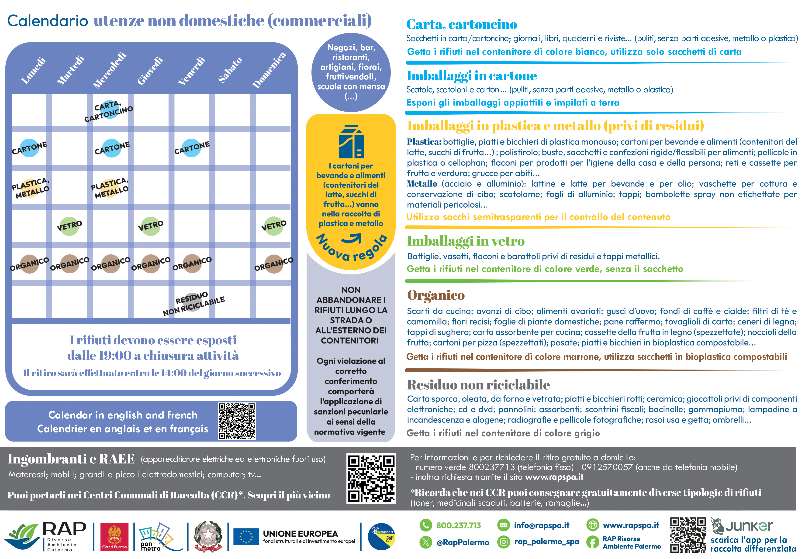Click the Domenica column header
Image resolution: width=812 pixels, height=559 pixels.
click(269, 70)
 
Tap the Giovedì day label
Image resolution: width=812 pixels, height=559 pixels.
click(150, 71)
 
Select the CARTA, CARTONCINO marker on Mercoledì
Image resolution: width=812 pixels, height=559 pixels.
click(109, 111)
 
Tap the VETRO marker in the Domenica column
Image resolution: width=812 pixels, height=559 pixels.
click(274, 226)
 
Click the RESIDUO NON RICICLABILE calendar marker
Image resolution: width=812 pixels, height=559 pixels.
click(193, 303)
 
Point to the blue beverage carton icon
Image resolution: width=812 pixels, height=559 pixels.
click(351, 142)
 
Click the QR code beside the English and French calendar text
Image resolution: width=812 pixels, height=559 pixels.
click(237, 421)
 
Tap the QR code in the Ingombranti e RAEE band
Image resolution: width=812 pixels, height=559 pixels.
click(371, 478)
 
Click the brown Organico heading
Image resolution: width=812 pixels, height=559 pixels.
click(436, 295)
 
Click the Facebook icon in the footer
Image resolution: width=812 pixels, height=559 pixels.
click(592, 542)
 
